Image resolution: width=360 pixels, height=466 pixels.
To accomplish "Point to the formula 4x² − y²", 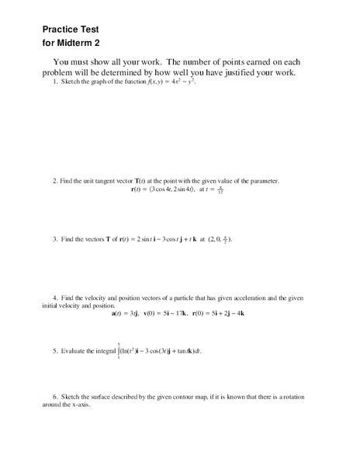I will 181,82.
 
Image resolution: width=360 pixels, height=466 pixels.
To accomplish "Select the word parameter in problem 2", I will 261,181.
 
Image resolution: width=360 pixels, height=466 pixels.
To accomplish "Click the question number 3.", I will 55,239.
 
